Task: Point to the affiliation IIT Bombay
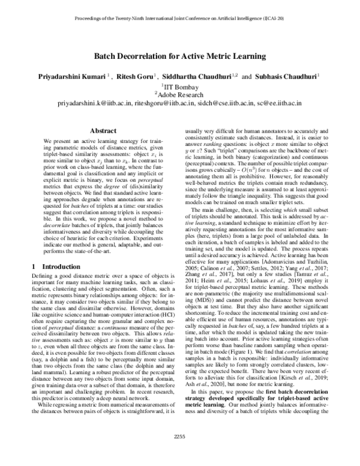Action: pyautogui.click(x=181, y=86)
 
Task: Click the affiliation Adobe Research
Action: pyautogui.click(x=181, y=94)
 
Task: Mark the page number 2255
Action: pyautogui.click(x=179, y=453)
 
